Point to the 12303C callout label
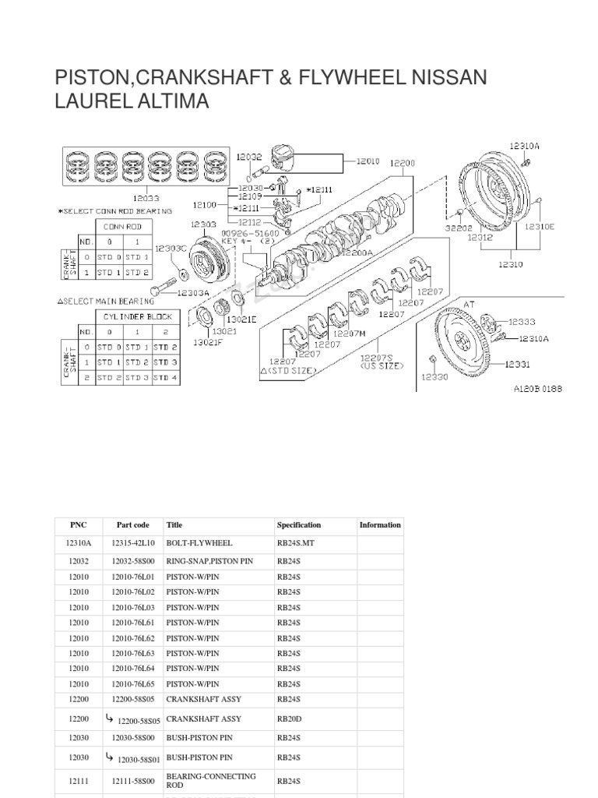pos(170,248)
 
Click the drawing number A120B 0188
pos(536,387)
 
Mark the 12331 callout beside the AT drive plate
pos(518,363)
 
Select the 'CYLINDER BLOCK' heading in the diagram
pos(139,316)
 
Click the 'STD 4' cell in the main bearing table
pos(164,377)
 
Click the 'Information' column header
pos(380,525)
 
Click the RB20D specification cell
pos(290,720)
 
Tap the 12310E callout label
pos(540,227)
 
